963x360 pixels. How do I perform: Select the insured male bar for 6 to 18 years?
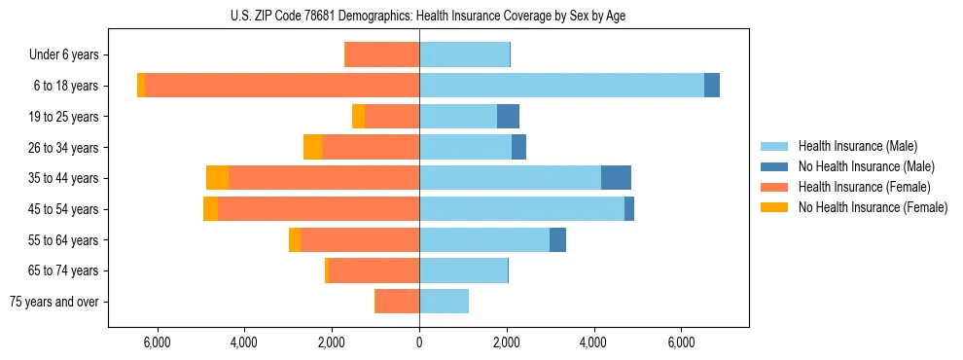(561, 85)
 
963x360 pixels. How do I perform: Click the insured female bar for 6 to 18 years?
(282, 85)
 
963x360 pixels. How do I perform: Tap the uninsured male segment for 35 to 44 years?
(616, 177)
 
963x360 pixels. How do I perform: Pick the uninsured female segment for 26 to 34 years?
(312, 147)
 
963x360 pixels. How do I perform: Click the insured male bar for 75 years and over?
(444, 302)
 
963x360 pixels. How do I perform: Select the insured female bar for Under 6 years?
(382, 54)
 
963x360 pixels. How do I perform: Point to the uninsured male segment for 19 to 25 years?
(508, 116)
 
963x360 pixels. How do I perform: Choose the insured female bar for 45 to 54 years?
(318, 208)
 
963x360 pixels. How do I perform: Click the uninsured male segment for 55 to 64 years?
(557, 239)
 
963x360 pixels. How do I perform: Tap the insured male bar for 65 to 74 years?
(463, 270)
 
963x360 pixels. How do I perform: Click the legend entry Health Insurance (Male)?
(857, 146)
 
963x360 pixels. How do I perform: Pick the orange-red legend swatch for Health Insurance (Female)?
(774, 187)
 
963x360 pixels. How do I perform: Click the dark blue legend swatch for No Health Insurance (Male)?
(774, 166)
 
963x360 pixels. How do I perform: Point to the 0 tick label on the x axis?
(419, 342)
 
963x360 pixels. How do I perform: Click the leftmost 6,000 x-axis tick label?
(157, 342)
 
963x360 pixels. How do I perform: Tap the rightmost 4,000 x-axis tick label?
(593, 342)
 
